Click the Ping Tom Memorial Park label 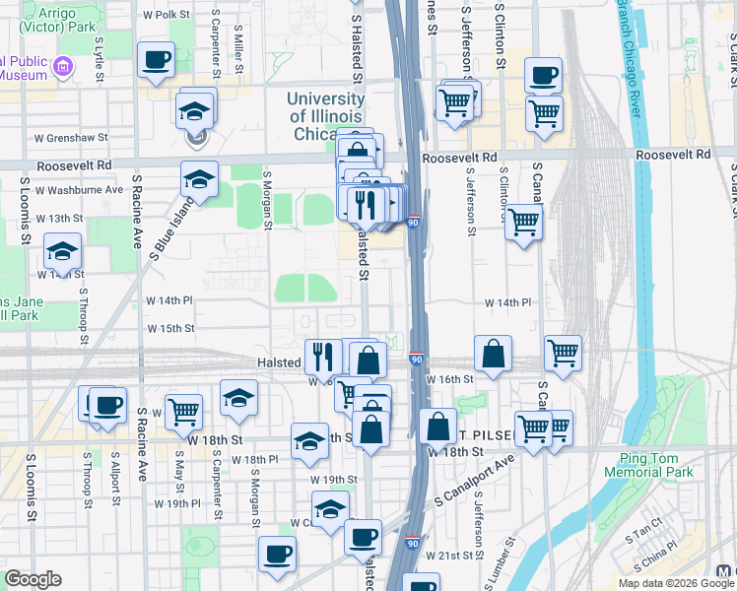(x=656, y=465)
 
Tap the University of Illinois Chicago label (x=326, y=115)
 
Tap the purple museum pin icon (x=64, y=67)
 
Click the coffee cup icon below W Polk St (x=156, y=61)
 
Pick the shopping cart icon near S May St (x=184, y=411)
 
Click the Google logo (x=33, y=579)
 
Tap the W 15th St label (x=171, y=328)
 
